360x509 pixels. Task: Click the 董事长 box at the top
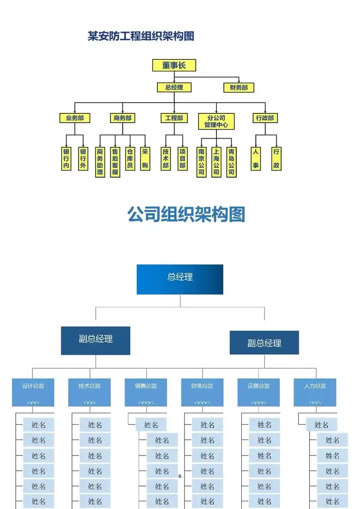174,65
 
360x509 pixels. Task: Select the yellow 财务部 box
238,88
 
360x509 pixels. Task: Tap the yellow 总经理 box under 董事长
174,88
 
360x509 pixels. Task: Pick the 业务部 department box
75,118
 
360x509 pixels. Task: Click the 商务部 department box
122,118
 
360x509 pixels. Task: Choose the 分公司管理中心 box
216,121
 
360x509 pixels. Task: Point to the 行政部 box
265,118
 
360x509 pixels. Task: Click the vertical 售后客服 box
115,162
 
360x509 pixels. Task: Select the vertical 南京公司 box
201,162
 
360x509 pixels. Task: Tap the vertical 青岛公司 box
231,162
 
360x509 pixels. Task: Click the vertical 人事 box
256,158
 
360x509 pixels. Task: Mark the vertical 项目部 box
182,158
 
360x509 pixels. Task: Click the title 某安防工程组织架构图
141,36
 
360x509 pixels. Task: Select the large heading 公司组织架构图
186,214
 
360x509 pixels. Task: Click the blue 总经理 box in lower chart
180,279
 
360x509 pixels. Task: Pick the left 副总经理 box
95,340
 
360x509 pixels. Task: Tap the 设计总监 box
33,392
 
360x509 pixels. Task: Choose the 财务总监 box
202,392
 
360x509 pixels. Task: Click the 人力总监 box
315,392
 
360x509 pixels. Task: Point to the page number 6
180,476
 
